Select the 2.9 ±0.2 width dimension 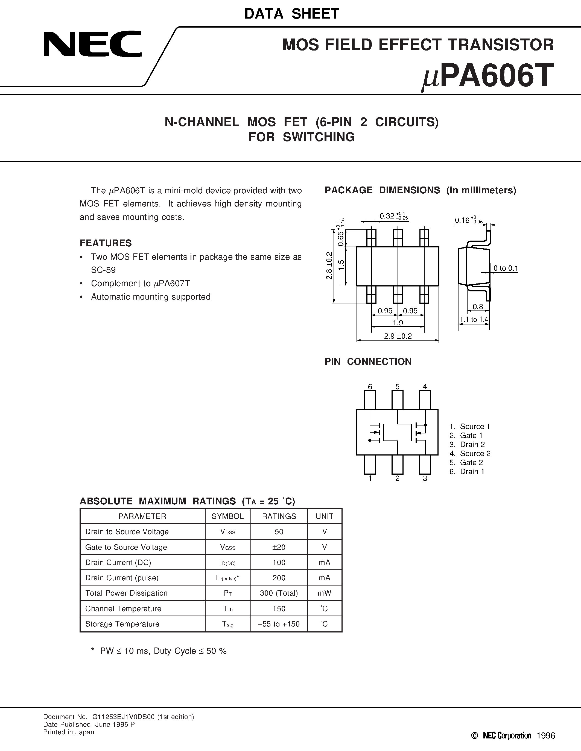click(x=398, y=336)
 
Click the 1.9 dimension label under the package click(x=398, y=323)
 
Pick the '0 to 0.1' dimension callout click(x=506, y=268)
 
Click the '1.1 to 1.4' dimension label click(x=474, y=320)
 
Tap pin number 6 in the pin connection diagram click(x=370, y=386)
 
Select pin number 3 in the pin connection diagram click(x=425, y=478)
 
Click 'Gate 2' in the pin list click(x=471, y=463)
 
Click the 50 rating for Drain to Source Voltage click(x=279, y=532)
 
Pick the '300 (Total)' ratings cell click(x=279, y=593)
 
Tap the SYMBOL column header click(x=227, y=516)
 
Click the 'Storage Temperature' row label click(x=122, y=624)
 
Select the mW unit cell click(x=325, y=593)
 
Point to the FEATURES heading click(x=106, y=243)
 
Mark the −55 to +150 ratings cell click(x=279, y=624)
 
